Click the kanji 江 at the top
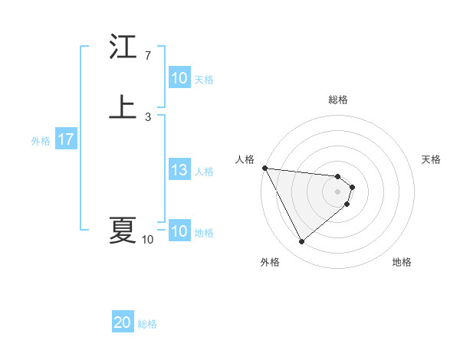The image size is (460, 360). point(122,47)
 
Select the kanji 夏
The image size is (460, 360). point(122,230)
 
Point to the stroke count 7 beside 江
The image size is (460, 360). point(147,56)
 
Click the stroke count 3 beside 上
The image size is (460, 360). point(147,116)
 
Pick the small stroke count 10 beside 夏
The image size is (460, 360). point(147,240)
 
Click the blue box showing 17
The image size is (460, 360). point(65,140)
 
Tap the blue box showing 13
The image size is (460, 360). point(179,171)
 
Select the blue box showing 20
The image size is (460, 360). point(122,323)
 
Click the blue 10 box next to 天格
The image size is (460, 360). point(179,78)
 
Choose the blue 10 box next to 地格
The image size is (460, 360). point(179,231)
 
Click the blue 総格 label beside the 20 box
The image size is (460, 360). point(147,324)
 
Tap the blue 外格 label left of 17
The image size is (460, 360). point(40,141)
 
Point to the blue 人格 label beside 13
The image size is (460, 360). point(205,172)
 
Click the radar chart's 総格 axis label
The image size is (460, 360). point(338,100)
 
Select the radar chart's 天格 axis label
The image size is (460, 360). point(432,159)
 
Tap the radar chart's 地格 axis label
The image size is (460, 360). point(402,263)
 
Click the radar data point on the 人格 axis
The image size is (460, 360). point(264,168)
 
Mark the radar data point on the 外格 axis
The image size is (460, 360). point(301,242)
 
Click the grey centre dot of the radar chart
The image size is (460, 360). point(338,191)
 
